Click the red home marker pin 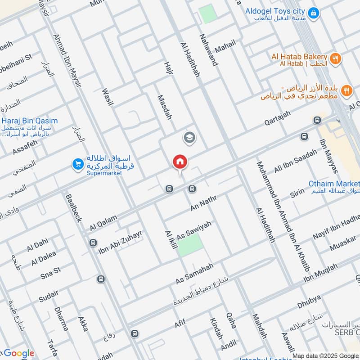(180, 162)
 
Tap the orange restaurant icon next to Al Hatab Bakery (335, 58)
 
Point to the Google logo (18, 354)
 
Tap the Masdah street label (164, 107)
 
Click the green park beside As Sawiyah (191, 245)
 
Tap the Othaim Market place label (334, 184)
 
